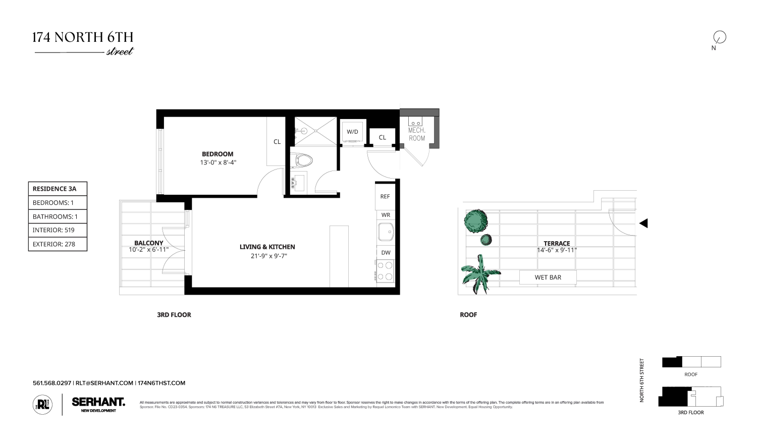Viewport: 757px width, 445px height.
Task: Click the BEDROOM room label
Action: (x=218, y=154)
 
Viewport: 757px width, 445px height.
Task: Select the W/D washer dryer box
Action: (x=352, y=132)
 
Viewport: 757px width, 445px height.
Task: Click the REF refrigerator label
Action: (x=385, y=196)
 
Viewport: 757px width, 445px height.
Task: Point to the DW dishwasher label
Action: (x=386, y=253)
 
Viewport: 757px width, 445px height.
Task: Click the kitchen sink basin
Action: (x=386, y=233)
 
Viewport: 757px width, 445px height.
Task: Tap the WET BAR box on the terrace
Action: (x=548, y=277)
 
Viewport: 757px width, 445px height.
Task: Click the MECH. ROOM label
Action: (x=417, y=134)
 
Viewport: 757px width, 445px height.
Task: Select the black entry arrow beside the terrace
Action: (x=643, y=223)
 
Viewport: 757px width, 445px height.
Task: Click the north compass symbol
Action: (x=719, y=37)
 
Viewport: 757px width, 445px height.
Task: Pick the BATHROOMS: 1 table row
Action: (x=58, y=216)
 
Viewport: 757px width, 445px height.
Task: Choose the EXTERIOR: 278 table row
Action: (x=58, y=244)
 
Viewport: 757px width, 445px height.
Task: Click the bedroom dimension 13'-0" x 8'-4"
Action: (x=218, y=162)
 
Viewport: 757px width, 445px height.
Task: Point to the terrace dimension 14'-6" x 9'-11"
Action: (x=557, y=250)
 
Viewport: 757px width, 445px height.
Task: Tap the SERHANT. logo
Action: (x=98, y=402)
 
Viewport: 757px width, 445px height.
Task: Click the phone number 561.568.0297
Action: (x=52, y=383)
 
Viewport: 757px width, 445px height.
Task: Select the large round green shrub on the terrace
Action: (x=475, y=220)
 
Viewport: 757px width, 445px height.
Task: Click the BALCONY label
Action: (x=148, y=243)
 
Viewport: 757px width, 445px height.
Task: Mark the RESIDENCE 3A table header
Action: (x=58, y=189)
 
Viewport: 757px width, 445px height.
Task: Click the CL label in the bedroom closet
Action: (x=277, y=142)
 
